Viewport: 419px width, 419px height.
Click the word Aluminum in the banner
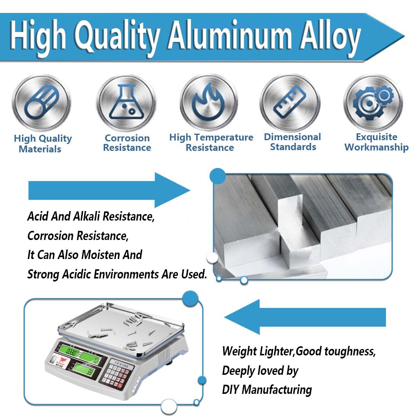tap(230, 35)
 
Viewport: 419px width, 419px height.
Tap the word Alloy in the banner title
tap(330, 38)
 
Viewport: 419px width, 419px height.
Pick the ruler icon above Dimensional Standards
tap(289, 102)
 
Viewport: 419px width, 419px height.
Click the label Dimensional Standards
tap(293, 142)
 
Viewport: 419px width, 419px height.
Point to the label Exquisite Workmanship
tap(376, 142)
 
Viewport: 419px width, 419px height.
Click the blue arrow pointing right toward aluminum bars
tap(109, 190)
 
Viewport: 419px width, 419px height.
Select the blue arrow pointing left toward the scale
tap(305, 317)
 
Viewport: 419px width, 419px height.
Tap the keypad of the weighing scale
tap(117, 373)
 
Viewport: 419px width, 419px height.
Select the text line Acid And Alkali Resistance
tap(91, 216)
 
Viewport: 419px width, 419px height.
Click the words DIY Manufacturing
tap(267, 390)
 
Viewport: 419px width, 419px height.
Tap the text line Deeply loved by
tap(260, 371)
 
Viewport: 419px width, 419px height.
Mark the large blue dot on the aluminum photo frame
tap(217, 176)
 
